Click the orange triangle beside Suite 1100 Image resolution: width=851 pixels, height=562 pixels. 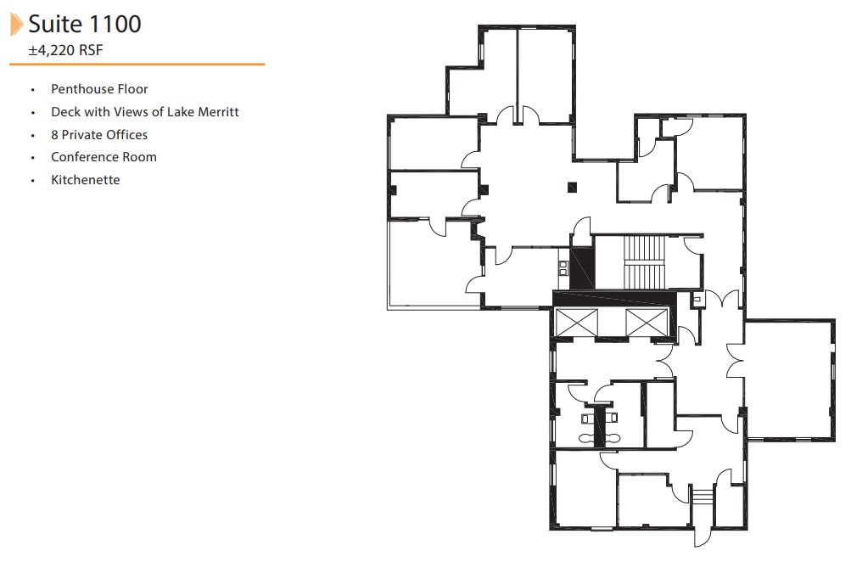16,25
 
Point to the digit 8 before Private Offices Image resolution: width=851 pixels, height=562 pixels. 54,135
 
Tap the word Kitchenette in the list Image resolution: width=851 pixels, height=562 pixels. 85,180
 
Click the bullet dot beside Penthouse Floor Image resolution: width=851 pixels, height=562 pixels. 33,90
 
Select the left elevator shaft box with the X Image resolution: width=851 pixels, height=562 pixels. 577,323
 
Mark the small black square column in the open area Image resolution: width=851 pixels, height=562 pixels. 573,187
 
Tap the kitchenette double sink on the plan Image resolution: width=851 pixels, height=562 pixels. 562,267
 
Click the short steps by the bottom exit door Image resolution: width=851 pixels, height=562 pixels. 702,496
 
